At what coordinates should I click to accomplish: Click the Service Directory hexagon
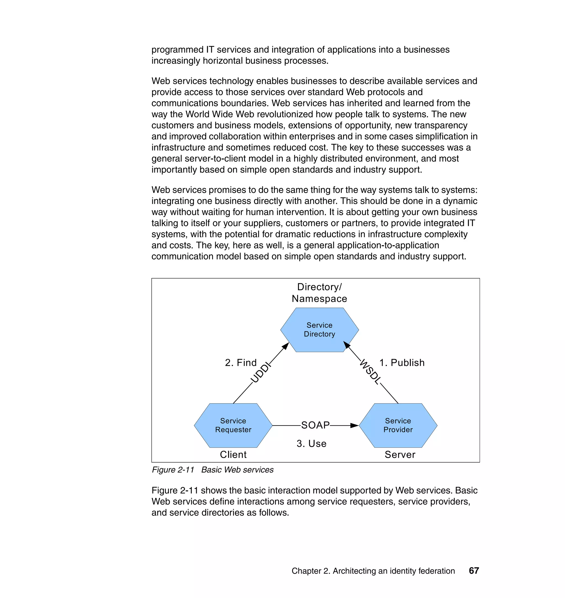(x=319, y=330)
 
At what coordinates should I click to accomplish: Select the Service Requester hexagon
(x=233, y=425)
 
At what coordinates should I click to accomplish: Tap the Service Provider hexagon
(x=398, y=425)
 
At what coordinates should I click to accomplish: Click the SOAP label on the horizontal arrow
(x=315, y=425)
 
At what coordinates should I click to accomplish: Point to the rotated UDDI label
(x=261, y=373)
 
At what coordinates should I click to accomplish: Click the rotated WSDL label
(x=371, y=372)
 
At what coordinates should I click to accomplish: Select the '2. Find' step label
(x=241, y=362)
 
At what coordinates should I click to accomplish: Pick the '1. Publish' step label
(x=402, y=362)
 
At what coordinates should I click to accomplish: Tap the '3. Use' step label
(x=311, y=444)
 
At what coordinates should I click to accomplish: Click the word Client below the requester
(x=233, y=455)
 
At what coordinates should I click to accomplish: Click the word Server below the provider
(x=400, y=455)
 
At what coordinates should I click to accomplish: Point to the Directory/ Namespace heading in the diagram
(x=319, y=293)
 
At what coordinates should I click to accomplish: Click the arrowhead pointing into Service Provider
(x=355, y=425)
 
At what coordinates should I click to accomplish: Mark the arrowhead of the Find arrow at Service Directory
(x=286, y=346)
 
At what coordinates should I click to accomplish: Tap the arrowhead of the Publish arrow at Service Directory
(x=347, y=345)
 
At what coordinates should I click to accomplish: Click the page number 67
(x=474, y=571)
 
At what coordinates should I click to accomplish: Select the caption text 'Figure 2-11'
(x=173, y=470)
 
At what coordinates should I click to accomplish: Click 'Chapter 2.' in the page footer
(x=311, y=571)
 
